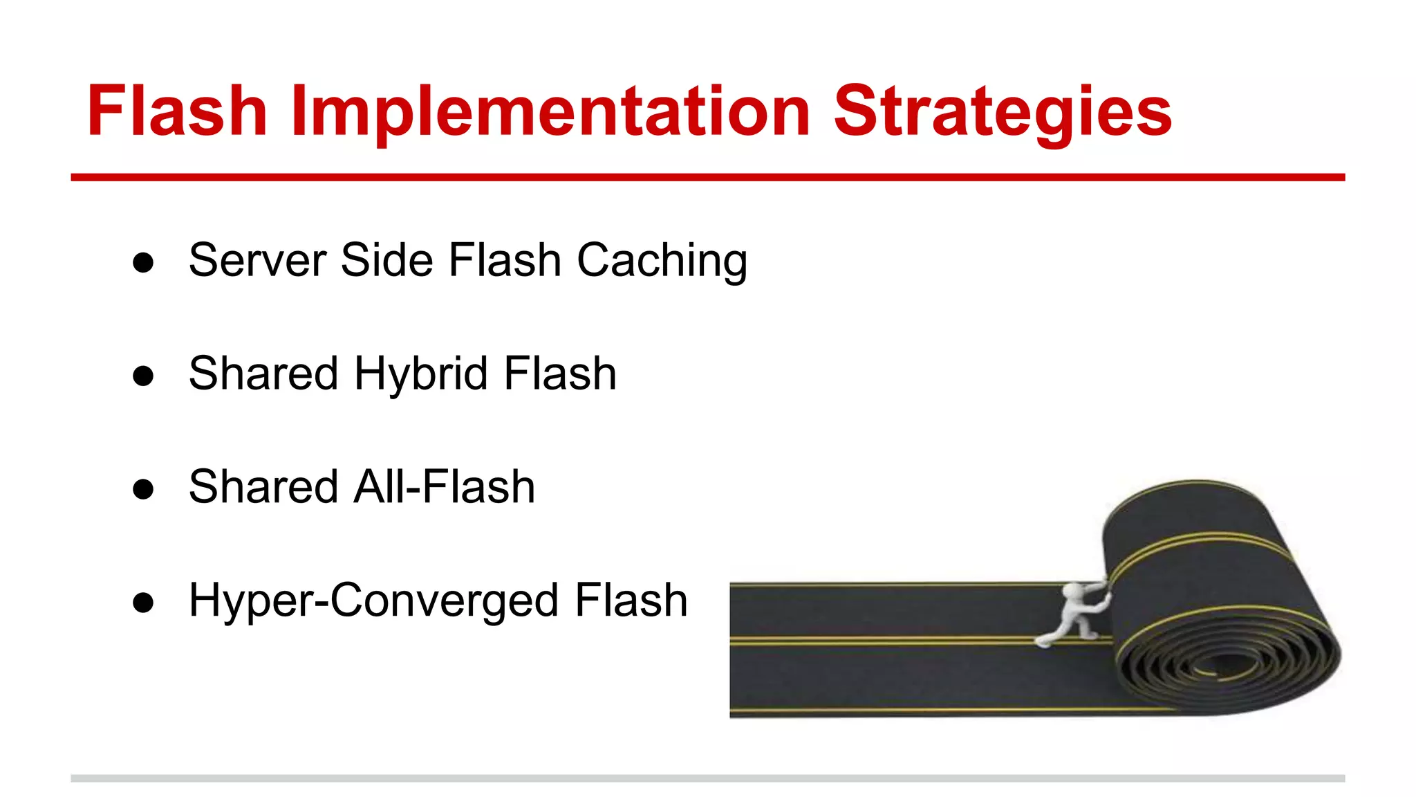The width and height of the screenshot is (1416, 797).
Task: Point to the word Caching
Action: (662, 261)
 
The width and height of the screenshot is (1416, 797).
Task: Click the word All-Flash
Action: (444, 487)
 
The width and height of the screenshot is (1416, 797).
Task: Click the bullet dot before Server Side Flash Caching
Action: (143, 263)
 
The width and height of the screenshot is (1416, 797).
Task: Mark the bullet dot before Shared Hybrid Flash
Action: (143, 376)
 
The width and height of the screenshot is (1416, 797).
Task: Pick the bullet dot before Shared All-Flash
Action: (143, 489)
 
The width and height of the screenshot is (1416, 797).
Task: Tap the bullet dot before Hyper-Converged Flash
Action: (143, 603)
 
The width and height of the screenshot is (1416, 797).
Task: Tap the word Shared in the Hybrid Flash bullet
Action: (263, 374)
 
